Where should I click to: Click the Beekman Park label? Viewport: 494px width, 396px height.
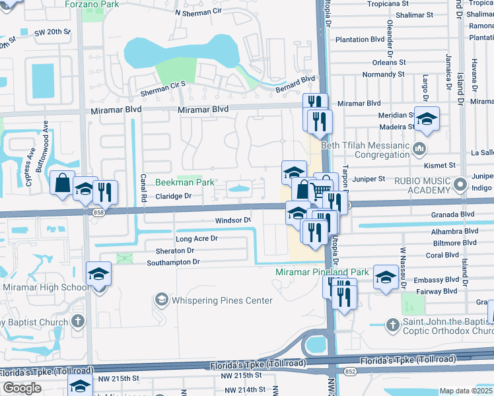coord(184,182)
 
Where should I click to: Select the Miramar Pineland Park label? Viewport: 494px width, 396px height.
coord(322,272)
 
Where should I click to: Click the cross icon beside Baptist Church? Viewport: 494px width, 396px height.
coord(78,322)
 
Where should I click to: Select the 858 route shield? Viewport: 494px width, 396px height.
coord(98,212)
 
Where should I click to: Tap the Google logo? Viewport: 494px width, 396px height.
coord(22,388)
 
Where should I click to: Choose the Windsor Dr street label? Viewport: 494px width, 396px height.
coord(233,220)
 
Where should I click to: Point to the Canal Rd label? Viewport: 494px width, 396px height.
coord(143,189)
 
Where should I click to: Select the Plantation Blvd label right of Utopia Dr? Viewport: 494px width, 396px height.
coord(360,40)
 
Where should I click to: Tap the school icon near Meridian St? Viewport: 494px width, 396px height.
coord(427,118)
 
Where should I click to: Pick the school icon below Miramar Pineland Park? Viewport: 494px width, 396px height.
coord(385,277)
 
